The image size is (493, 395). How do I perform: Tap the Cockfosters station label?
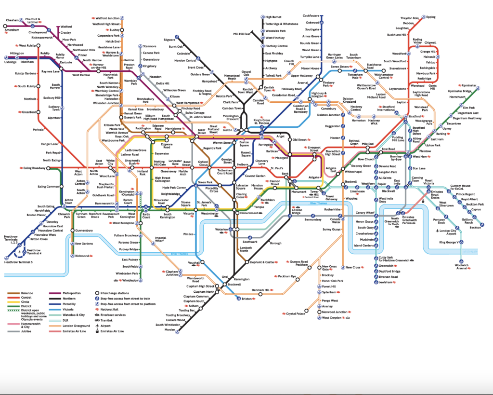click(x=311, y=15)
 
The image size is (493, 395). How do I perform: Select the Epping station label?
click(x=430, y=17)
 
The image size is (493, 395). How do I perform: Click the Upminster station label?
click(x=468, y=85)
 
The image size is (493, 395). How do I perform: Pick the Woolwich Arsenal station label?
click(x=461, y=266)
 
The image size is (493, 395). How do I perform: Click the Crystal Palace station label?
click(x=296, y=313)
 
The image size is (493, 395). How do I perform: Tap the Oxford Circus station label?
click(x=203, y=163)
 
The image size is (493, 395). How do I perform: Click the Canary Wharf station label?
click(x=364, y=213)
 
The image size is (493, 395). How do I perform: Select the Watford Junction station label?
click(x=108, y=18)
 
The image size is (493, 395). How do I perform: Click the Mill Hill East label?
click(x=241, y=34)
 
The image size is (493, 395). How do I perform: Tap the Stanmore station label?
click(x=150, y=46)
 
